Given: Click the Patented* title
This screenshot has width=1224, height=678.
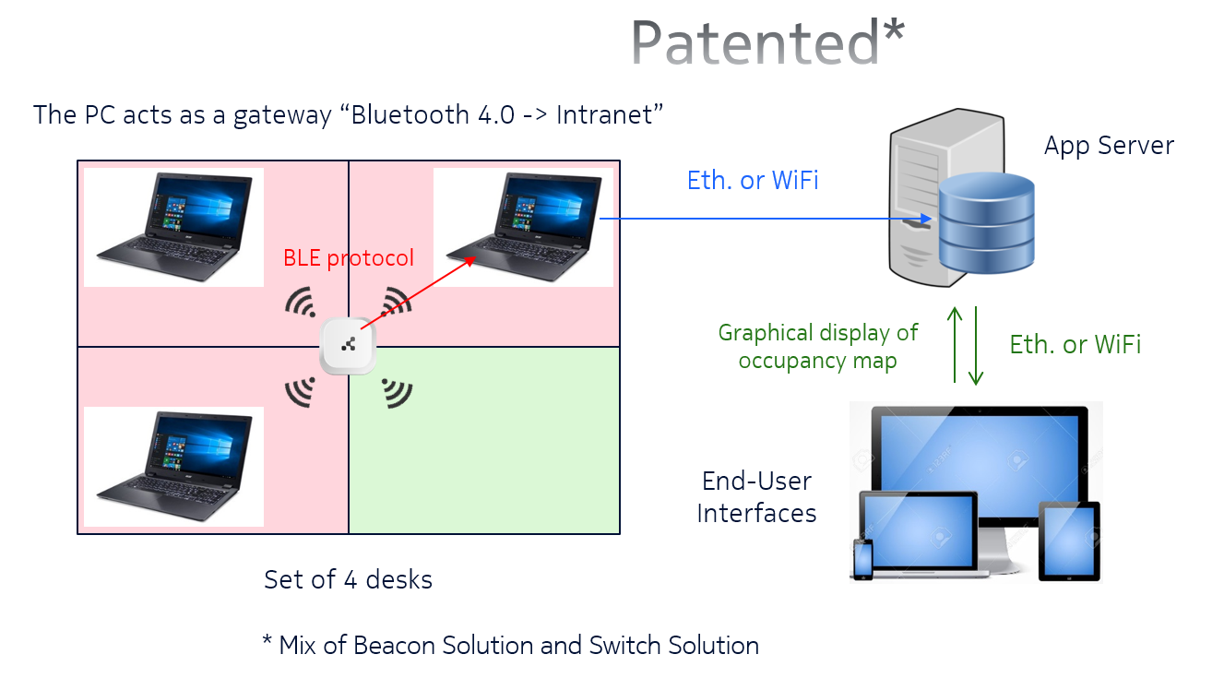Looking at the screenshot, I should point(767,42).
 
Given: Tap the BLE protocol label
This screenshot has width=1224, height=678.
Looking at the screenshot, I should point(349,257).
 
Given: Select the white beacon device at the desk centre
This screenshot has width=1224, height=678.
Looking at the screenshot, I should point(348,347).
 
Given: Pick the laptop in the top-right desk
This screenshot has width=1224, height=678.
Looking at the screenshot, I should point(523,227).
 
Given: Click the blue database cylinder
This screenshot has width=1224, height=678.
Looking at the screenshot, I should point(986,224).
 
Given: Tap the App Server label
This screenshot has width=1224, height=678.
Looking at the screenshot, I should point(1109,146).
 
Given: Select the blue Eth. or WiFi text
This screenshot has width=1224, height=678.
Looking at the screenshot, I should point(753,181).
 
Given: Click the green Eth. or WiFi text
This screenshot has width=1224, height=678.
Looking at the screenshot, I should point(1075,345).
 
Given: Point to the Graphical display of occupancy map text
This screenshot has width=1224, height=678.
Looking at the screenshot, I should point(817,346).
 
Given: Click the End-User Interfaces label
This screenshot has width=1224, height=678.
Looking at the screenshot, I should point(756,496).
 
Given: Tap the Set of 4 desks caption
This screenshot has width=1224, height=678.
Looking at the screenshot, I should point(348,579).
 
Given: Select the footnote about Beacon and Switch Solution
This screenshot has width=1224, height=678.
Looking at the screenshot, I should point(510,645).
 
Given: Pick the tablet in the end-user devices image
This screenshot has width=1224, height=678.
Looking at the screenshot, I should point(1069,541).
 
